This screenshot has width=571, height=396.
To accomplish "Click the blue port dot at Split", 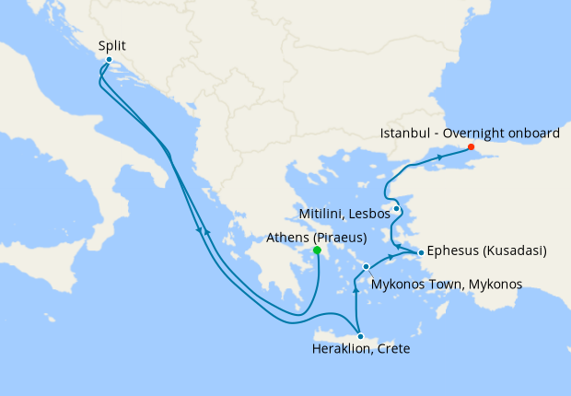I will point(109,61).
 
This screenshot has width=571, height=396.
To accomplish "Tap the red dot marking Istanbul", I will point(471,147).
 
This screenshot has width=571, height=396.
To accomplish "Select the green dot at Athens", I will point(317,250).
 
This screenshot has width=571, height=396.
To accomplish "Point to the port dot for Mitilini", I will point(396,208).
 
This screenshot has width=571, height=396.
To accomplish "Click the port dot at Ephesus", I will point(421,252).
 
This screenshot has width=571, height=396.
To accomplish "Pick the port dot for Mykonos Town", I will point(367,267).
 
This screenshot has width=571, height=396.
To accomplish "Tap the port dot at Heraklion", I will point(360,336).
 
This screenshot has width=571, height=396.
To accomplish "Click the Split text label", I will point(111,45).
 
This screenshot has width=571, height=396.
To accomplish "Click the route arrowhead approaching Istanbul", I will point(440,158).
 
